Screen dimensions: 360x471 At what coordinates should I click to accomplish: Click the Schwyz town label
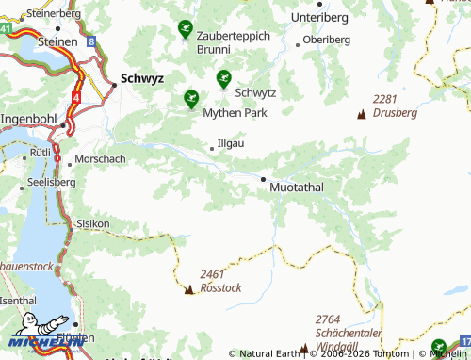(142, 80)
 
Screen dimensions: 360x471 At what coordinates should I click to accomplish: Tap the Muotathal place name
(296, 188)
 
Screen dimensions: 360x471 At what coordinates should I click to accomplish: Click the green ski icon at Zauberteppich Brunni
(185, 30)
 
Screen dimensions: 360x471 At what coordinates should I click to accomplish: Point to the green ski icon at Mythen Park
(191, 97)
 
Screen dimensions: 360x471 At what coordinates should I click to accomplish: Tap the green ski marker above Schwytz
(223, 78)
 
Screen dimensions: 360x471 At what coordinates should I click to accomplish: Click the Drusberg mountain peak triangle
(361, 115)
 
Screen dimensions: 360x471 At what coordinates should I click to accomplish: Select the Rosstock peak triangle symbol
(189, 289)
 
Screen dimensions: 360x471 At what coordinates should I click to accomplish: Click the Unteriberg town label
(319, 18)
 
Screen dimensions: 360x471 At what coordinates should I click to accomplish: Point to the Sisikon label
(92, 223)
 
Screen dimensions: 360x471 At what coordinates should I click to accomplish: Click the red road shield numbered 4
(75, 96)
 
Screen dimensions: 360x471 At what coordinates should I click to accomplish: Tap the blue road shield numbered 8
(89, 41)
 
